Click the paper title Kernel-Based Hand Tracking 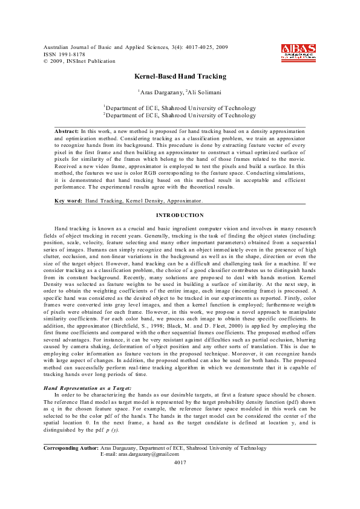[x=180, y=77]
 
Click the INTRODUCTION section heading [x=180, y=215]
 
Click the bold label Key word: [x=68, y=200]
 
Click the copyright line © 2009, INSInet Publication [x=79, y=61]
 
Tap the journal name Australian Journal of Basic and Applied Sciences [x=102, y=47]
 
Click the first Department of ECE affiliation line [x=180, y=108]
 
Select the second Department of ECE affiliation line [x=180, y=115]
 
